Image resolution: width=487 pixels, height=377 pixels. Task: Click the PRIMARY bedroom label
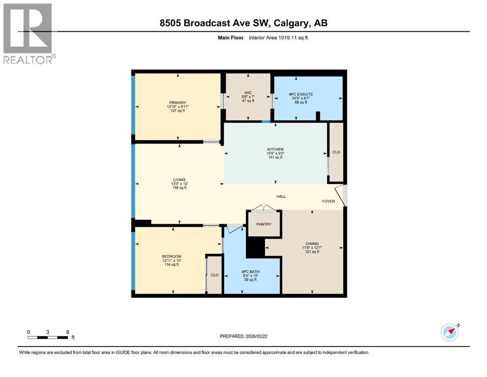coord(178,102)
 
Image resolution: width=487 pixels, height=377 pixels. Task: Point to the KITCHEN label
coord(275,149)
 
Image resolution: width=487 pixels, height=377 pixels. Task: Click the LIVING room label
coord(179,180)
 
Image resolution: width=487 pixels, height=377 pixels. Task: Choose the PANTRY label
coord(264,224)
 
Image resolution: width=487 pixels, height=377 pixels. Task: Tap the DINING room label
coord(312,243)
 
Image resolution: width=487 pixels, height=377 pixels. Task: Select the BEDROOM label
coord(172,257)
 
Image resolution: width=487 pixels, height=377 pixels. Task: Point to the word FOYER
coord(328,201)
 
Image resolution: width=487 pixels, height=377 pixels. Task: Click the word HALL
coord(281,197)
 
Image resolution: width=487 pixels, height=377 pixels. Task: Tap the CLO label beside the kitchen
coord(336,152)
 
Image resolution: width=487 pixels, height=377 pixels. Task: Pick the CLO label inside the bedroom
coord(214,275)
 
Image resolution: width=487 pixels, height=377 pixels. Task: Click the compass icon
coord(449,332)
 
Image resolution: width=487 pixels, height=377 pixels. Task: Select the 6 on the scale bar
coord(67,332)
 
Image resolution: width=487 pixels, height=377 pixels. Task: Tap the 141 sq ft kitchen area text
coord(275,158)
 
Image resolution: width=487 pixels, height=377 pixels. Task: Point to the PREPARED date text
coord(244,336)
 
